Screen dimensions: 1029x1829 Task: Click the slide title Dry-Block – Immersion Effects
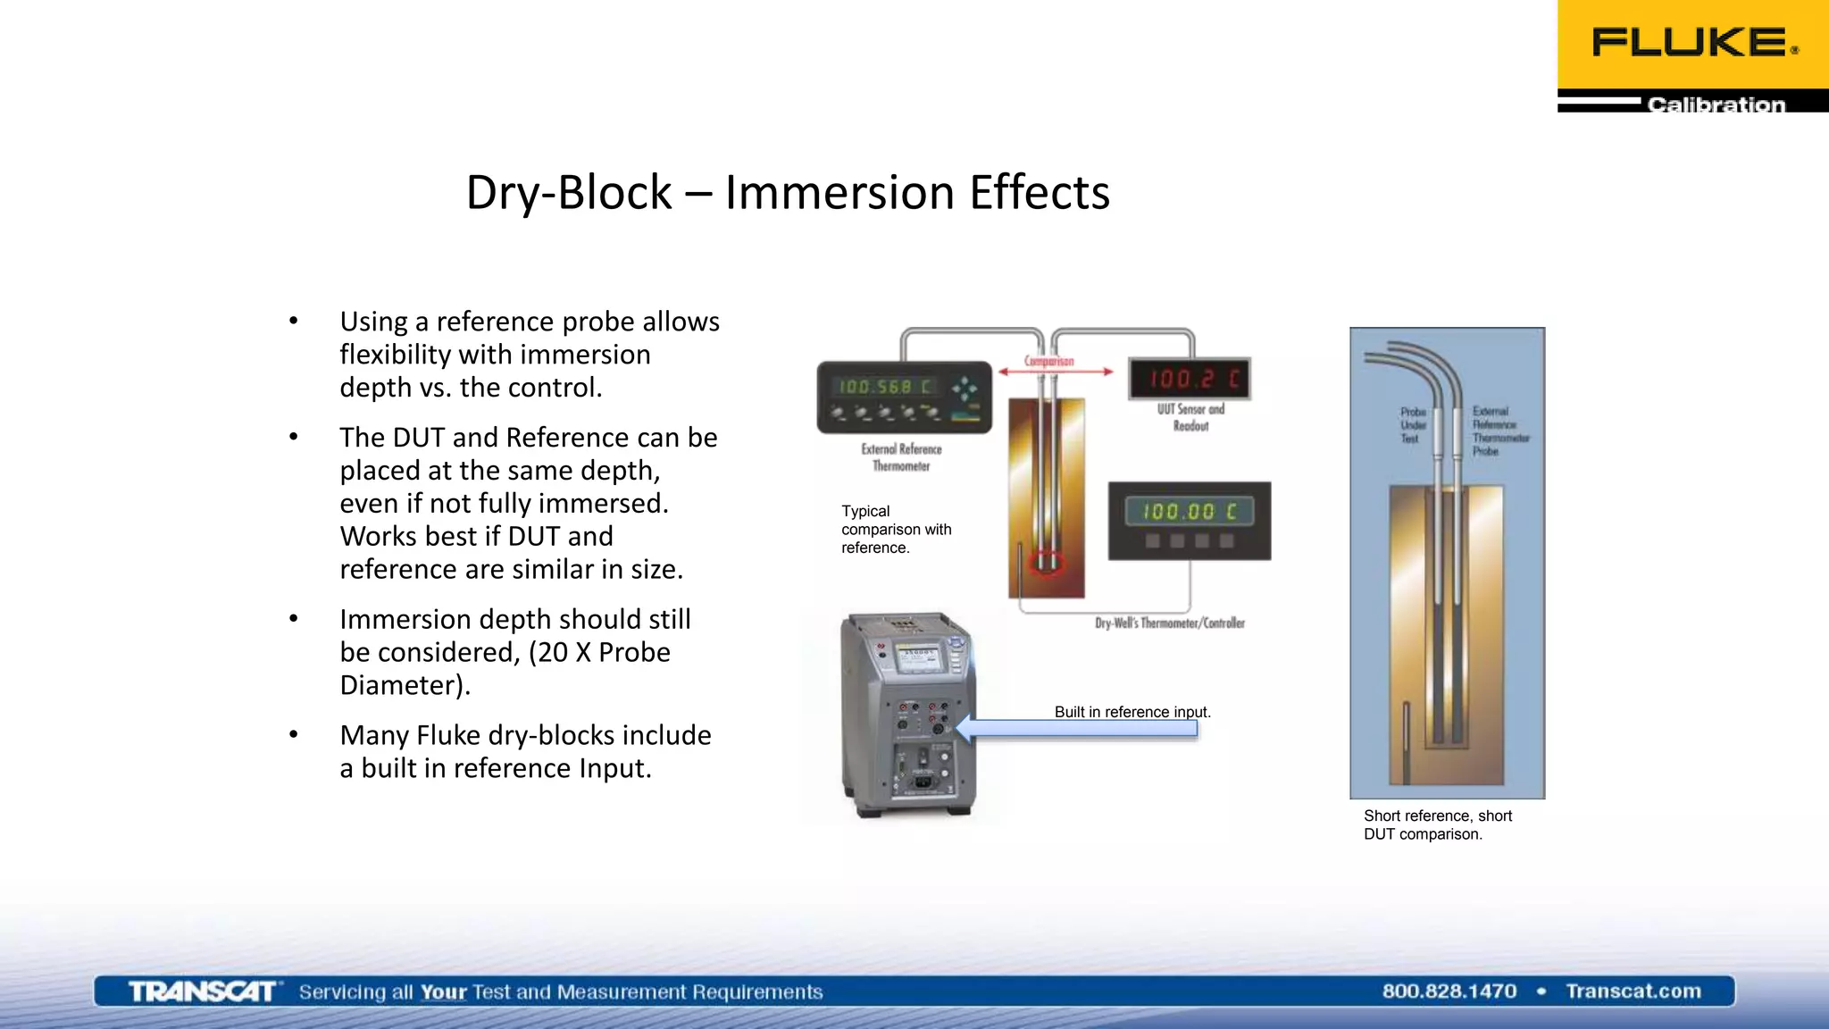787,192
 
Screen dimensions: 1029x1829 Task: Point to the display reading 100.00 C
1189,512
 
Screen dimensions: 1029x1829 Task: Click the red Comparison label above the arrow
1048,361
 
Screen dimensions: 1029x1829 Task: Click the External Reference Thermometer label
901,457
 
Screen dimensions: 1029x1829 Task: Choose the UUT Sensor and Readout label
1190,417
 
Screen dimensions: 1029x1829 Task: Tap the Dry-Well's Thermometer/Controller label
1169,623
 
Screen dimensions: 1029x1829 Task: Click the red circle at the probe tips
1047,563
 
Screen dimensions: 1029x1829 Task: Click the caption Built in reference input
1132,712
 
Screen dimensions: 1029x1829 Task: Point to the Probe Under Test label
1411,425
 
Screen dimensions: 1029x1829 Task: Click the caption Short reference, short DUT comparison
1437,824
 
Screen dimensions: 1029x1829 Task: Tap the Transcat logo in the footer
203,991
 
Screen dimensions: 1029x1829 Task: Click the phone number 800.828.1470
1449,991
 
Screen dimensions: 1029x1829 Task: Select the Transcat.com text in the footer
1633,991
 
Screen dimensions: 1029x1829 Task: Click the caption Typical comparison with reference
896,529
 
